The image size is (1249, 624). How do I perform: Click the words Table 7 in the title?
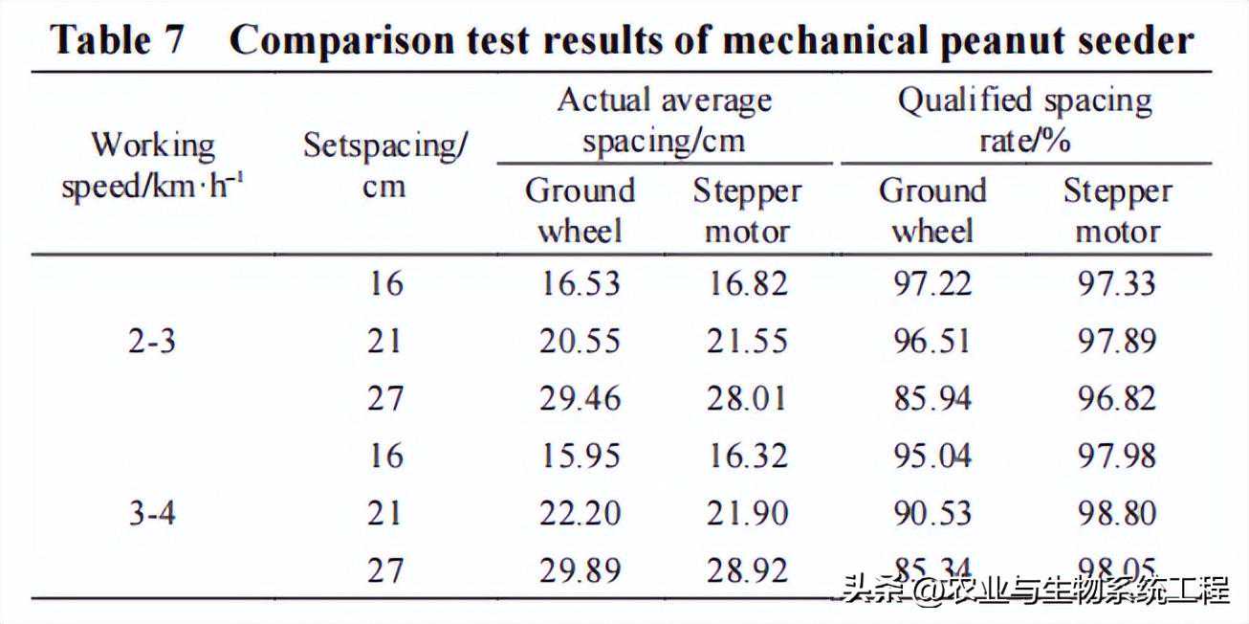point(116,40)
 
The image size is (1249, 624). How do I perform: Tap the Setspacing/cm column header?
point(385,166)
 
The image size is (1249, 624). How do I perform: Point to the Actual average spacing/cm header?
point(665,121)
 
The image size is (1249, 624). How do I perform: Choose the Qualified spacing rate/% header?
point(1024,121)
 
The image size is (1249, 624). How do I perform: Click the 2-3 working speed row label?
point(152,342)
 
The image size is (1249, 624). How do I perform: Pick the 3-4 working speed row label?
point(152,514)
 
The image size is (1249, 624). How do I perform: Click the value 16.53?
point(580,284)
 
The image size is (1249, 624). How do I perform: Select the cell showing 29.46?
point(580,399)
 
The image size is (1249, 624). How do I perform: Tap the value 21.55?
point(747,342)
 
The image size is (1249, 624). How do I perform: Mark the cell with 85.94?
point(931,399)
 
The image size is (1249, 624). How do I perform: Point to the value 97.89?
point(1117,342)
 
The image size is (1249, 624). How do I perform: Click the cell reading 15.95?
point(580,457)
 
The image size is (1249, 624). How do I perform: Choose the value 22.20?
point(580,514)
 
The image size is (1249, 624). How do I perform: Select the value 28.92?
point(747,571)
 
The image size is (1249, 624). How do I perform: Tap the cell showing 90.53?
point(931,514)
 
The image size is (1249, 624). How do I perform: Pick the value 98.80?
point(1117,514)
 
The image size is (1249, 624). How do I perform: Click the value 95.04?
point(931,457)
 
